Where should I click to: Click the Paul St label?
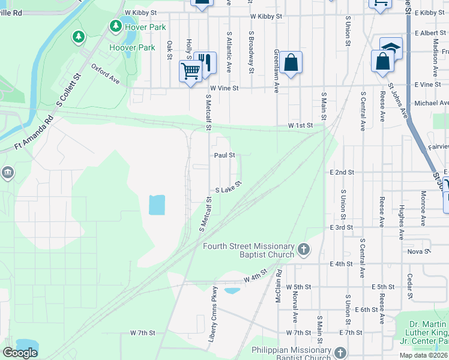click(x=224, y=155)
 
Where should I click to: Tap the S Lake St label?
click(x=228, y=187)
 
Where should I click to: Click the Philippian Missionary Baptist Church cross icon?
click(x=340, y=353)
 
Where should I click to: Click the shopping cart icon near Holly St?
click(x=191, y=71)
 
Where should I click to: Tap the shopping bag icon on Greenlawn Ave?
click(x=291, y=62)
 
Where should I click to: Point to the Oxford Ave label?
click(x=106, y=74)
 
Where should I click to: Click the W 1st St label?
click(x=300, y=125)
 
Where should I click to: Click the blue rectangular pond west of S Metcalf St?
click(x=157, y=205)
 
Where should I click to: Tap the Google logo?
click(x=20, y=353)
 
